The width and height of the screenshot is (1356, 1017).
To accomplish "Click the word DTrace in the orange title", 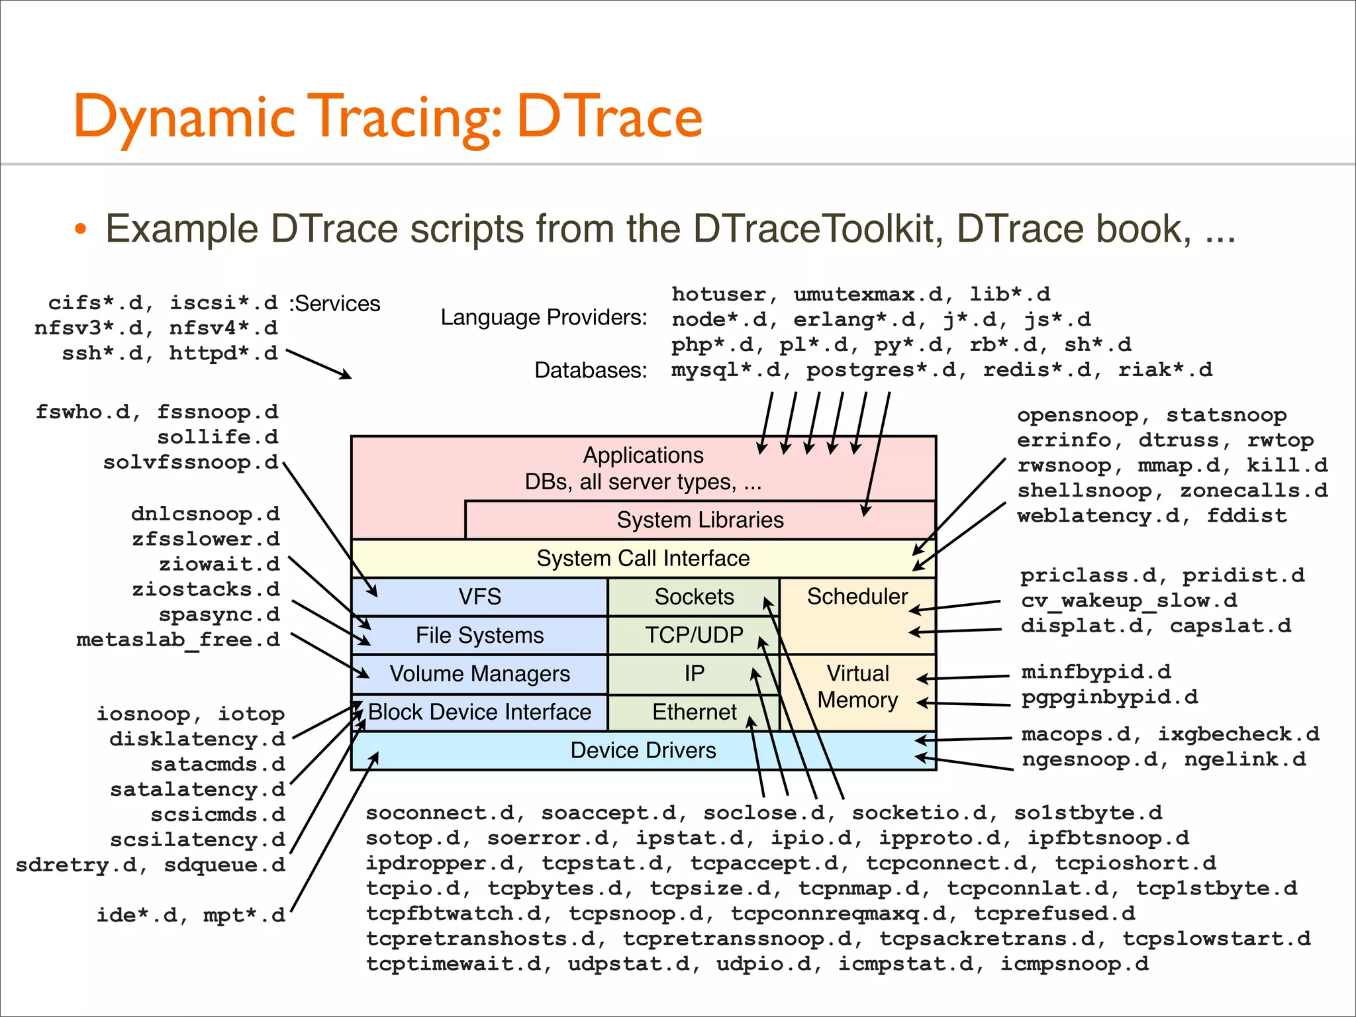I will pyautogui.click(x=609, y=117).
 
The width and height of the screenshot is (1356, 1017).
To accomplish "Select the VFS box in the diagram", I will pyautogui.click(x=479, y=597).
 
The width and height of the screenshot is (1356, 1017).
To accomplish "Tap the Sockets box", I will pyautogui.click(x=694, y=597).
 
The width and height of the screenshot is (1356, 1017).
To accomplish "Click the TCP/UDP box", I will pyautogui.click(x=694, y=635).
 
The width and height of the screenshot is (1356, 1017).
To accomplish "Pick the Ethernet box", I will pyautogui.click(x=694, y=712).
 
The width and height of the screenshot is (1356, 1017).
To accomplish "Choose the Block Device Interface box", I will pyautogui.click(x=479, y=712).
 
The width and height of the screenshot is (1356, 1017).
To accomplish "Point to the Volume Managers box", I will pyautogui.click(x=479, y=673).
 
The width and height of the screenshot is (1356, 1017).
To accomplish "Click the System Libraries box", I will pyautogui.click(x=700, y=520).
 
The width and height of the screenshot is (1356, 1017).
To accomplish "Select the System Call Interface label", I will pyautogui.click(x=643, y=558).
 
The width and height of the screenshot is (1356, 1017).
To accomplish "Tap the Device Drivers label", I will pyautogui.click(x=643, y=750).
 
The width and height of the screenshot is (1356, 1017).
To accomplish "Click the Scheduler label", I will pyautogui.click(x=857, y=597).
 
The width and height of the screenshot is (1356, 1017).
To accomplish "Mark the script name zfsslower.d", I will pyautogui.click(x=205, y=539).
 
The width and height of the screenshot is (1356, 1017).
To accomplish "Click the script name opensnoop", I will pyautogui.click(x=1078, y=415).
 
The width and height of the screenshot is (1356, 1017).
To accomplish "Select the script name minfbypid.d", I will pyautogui.click(x=1096, y=672).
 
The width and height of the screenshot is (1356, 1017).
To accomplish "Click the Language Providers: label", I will pyautogui.click(x=544, y=318).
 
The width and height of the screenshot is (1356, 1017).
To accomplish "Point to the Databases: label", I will pyautogui.click(x=591, y=370).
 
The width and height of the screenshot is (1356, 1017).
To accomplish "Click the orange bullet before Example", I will pyautogui.click(x=81, y=230).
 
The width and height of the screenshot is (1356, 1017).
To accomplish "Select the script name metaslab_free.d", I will pyautogui.click(x=178, y=640).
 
